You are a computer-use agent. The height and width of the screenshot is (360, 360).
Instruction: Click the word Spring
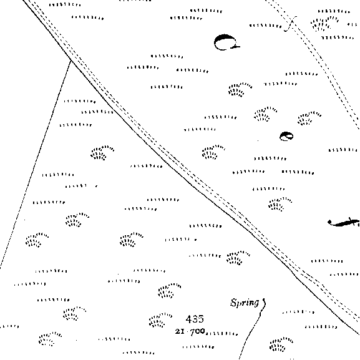pos(245,303)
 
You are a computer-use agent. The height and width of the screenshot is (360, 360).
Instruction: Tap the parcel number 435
pos(195,319)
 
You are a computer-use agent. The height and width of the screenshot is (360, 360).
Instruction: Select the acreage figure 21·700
pos(190,331)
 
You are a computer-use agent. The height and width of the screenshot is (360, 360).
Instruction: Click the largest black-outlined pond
pos(226,42)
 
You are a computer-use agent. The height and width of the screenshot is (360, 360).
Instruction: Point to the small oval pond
pos(286,136)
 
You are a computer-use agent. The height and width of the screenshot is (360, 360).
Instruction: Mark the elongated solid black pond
pos(344,222)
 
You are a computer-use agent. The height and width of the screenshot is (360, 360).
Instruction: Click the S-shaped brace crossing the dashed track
pos(291,24)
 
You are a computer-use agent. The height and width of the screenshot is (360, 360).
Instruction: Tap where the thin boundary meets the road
pos(71,60)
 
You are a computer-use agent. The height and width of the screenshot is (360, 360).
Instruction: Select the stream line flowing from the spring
pos(251,331)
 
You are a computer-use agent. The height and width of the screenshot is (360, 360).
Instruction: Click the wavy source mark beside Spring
pos(264,303)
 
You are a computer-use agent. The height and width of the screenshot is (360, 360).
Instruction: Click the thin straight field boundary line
pos(36,164)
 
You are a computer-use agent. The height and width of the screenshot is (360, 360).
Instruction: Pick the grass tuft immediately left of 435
pos(160,319)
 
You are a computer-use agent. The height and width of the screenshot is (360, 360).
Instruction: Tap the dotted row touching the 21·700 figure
pos(221,333)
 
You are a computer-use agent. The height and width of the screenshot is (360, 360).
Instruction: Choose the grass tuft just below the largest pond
pos(240,90)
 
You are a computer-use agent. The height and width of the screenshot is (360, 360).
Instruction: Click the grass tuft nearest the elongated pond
pos(280,204)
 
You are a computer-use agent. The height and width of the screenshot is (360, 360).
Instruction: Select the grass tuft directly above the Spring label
pos(238,258)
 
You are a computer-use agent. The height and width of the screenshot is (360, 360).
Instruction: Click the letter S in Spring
pos(234,302)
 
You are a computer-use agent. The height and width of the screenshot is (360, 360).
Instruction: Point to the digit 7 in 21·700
pos(192,331)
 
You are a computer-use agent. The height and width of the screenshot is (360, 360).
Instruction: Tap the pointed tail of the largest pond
pos(239,47)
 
